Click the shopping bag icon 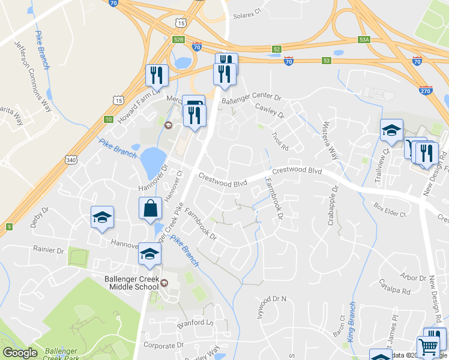150,209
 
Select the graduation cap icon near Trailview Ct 391,130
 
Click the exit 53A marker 364,39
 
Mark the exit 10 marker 108,119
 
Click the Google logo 20,353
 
